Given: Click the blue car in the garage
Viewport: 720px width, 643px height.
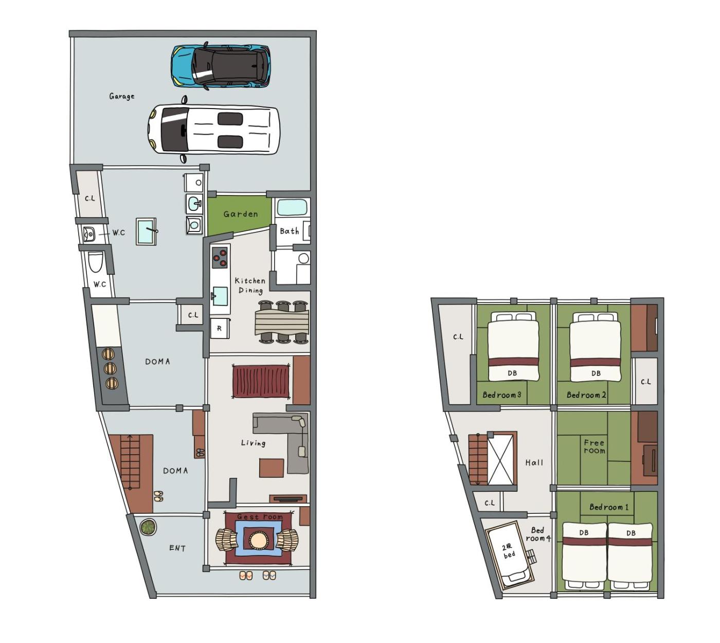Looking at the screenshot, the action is tap(220, 66).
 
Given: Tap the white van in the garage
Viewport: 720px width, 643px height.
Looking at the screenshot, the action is tap(213, 130).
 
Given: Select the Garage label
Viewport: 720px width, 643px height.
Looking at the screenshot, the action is tap(121, 96).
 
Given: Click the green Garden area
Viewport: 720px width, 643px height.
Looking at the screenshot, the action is tap(239, 215).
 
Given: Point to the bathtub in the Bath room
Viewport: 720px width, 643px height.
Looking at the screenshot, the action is tap(292, 208).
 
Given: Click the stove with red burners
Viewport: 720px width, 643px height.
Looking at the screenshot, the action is tap(219, 257).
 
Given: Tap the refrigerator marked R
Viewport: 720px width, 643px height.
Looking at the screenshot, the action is tap(219, 328).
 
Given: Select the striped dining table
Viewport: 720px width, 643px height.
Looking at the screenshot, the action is tap(282, 322).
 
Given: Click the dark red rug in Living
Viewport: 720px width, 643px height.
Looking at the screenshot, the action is tap(261, 381).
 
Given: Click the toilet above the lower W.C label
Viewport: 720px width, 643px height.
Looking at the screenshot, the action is tap(96, 262).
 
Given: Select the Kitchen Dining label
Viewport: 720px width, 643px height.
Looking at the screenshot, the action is tap(250, 285).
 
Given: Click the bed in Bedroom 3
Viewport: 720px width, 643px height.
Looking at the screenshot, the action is tap(513, 347).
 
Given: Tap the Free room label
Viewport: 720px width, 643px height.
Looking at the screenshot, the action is tap(594, 446).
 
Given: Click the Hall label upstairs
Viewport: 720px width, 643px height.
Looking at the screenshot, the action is tap(534, 462).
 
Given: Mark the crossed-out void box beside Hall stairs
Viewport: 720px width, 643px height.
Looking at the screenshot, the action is tap(501, 459).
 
